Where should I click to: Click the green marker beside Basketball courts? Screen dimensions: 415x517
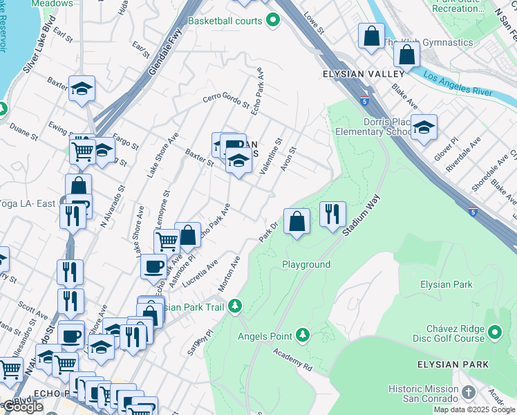pos(273,21)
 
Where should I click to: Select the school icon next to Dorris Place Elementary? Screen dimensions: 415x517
pos(424,127)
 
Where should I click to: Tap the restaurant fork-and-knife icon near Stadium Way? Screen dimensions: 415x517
pos(332,214)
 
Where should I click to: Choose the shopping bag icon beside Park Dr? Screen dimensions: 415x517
pos(297,221)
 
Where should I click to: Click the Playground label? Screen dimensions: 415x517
pos(305,264)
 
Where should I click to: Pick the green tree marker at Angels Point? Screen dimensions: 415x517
pos(302,336)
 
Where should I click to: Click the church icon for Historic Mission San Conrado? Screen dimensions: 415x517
pos(468,393)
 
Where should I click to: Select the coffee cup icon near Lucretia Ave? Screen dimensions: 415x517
pos(153,266)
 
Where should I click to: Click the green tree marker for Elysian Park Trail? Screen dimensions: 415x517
pos(235,306)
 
